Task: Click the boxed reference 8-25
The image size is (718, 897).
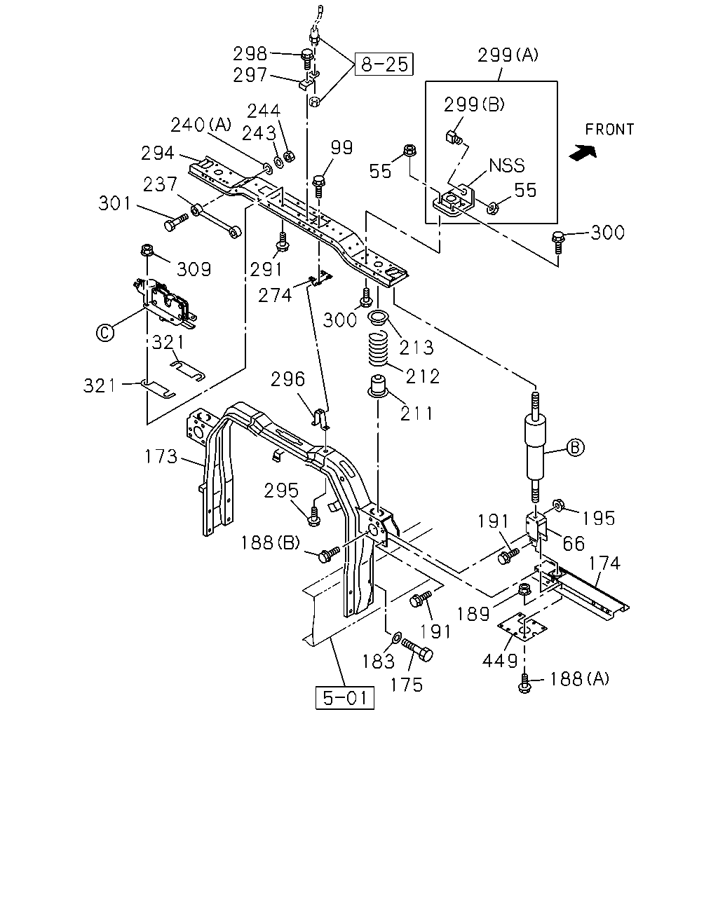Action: click(x=384, y=64)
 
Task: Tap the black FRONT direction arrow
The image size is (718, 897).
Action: click(x=583, y=152)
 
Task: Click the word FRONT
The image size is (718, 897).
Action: click(x=609, y=129)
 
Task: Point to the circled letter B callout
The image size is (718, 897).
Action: click(x=575, y=447)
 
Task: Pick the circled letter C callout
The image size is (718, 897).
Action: click(x=104, y=333)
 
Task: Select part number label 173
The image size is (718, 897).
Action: click(x=161, y=456)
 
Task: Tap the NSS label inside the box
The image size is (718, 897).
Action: click(x=506, y=165)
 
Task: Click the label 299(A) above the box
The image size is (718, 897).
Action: click(x=508, y=55)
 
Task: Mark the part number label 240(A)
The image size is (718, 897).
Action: click(x=201, y=125)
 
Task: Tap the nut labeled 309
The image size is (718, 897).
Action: click(x=147, y=250)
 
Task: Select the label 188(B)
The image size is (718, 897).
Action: click(x=271, y=542)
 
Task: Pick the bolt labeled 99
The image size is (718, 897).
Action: click(x=319, y=186)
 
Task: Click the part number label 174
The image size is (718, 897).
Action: click(x=604, y=563)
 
